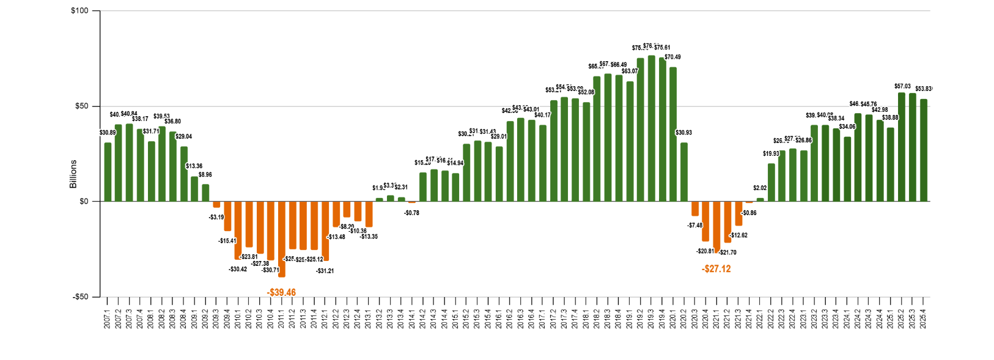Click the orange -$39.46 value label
pyautogui.click(x=281, y=293)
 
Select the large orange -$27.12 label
pyautogui.click(x=716, y=269)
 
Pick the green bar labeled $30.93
pyautogui.click(x=684, y=172)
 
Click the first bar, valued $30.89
pyautogui.click(x=108, y=172)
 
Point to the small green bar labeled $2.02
pyautogui.click(x=760, y=199)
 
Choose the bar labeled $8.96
pyautogui.click(x=205, y=193)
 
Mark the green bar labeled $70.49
pyautogui.click(x=673, y=134)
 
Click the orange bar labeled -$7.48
pyautogui.click(x=695, y=208)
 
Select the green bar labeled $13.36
pyautogui.click(x=194, y=189)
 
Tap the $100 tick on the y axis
pyautogui.click(x=81, y=11)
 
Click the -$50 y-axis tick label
pyautogui.click(x=80, y=297)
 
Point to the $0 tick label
pyautogui.click(x=83, y=202)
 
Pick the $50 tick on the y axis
pyautogui.click(x=82, y=106)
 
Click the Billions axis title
pyautogui.click(x=73, y=174)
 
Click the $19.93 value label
pyautogui.click(x=771, y=153)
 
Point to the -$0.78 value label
pyautogui.click(x=411, y=213)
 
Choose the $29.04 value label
pyautogui.click(x=184, y=136)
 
